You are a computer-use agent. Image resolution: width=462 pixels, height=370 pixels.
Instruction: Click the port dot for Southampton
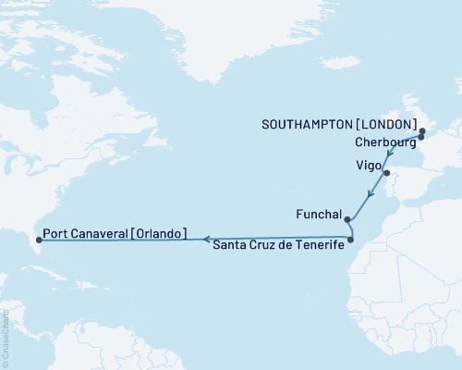(422, 131)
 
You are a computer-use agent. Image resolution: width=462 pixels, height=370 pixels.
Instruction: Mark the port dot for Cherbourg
(421, 137)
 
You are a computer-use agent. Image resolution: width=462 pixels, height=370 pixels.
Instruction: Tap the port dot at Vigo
(387, 173)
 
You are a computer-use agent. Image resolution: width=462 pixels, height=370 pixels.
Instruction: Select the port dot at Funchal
(346, 220)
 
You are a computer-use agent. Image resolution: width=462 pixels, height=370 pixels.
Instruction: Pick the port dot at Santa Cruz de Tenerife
(350, 240)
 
